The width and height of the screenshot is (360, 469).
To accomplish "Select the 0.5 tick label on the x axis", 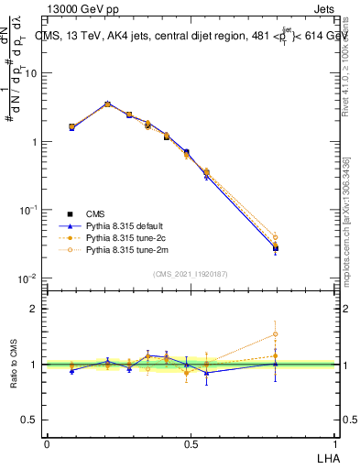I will [x=191, y=443].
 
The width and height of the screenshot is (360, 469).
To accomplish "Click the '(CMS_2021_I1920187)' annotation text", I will [x=191, y=272].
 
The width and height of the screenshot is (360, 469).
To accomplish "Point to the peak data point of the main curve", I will [x=107, y=104].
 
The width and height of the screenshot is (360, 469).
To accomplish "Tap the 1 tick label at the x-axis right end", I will [x=334, y=443].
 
